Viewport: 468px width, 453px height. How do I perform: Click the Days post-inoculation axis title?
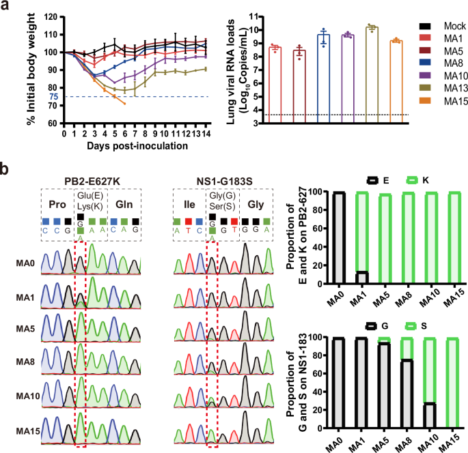tap(133, 145)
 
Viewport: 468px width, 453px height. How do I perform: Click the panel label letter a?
tap(5, 6)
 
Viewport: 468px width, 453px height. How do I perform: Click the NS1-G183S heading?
tap(221, 179)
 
